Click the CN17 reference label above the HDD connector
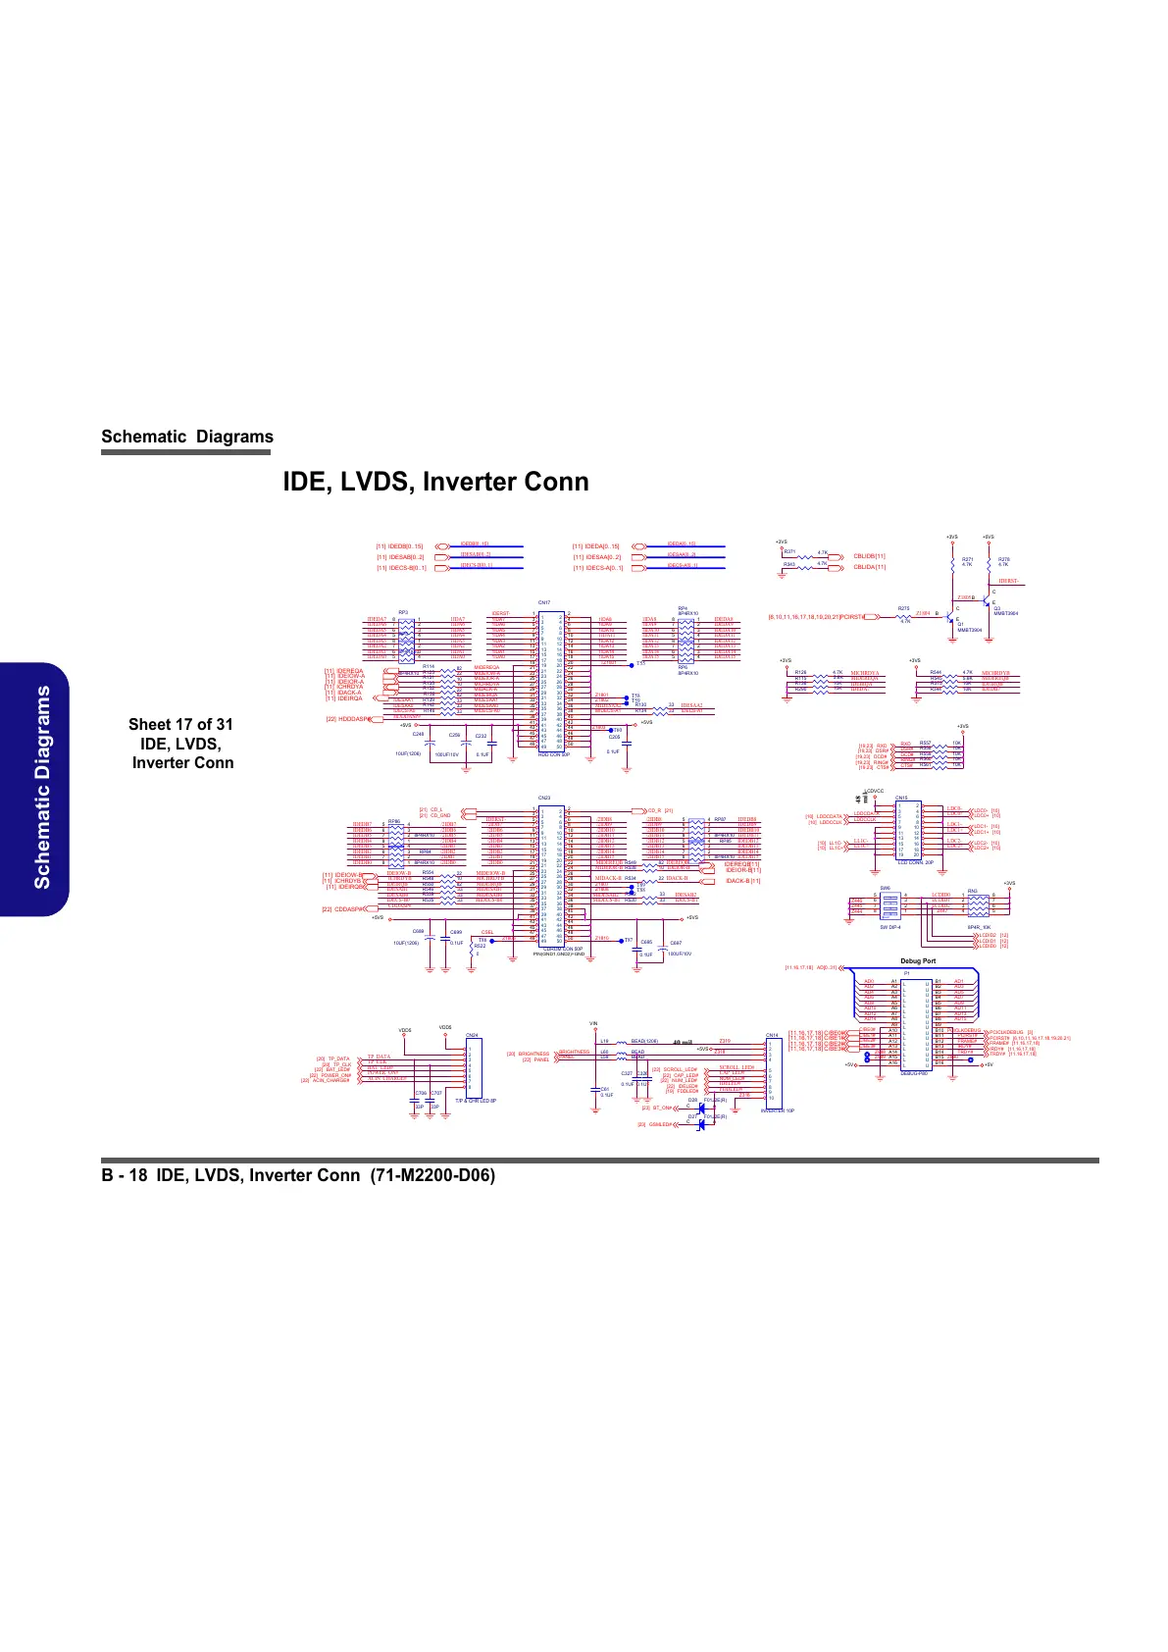pos(544,602)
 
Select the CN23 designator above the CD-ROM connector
pos(544,798)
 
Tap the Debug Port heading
pos(918,960)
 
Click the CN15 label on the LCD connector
pos(901,798)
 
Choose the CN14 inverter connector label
pos(772,1035)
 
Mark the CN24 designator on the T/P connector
pos(472,1035)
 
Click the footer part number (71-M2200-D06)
pos(432,1175)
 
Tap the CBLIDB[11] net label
pos(869,555)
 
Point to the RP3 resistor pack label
pos(403,611)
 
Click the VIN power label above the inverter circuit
pos(593,1023)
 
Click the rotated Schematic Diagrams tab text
pos(42,787)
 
